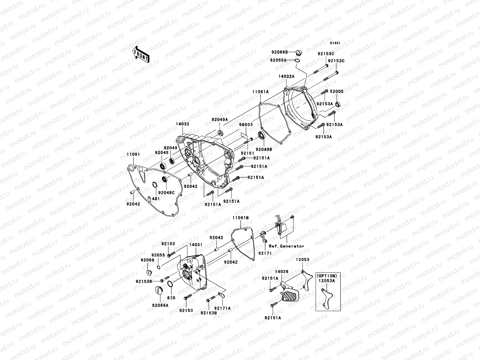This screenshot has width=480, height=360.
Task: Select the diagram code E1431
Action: [x=335, y=43]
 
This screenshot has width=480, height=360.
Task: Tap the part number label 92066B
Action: [x=280, y=52]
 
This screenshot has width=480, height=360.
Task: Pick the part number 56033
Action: [x=246, y=124]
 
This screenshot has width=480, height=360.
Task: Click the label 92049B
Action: [x=264, y=149]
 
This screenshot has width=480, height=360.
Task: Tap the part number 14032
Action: [x=183, y=123]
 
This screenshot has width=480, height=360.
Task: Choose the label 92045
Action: [x=162, y=152]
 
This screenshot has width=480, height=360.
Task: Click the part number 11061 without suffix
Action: [x=133, y=154]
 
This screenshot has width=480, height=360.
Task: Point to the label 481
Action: [x=156, y=199]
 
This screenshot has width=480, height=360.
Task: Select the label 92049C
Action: [x=166, y=193]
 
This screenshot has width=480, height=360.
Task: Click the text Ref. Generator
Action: [x=286, y=246]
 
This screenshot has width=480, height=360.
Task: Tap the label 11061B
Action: [x=241, y=217]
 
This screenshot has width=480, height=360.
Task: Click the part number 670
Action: [x=171, y=298]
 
